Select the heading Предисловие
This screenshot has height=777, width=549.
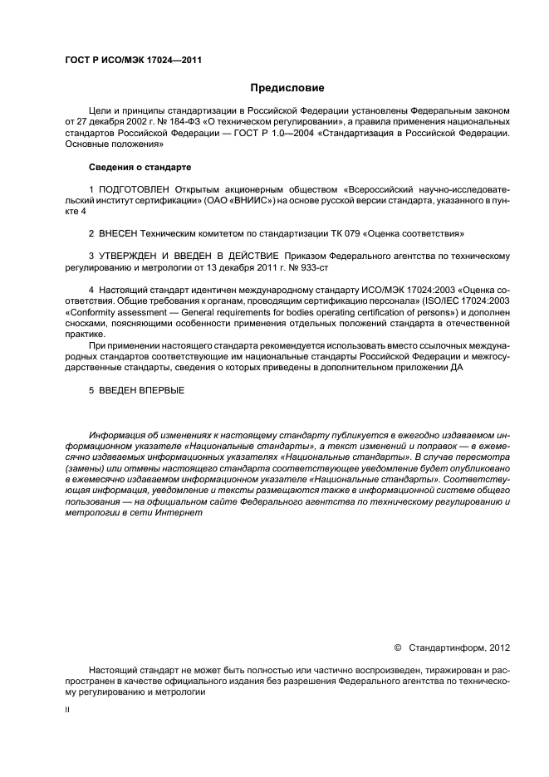click(x=287, y=88)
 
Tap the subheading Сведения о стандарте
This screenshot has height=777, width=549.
click(x=140, y=168)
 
